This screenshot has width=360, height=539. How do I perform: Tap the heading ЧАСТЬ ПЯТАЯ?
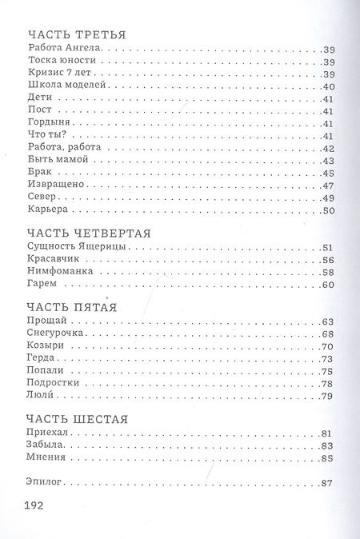(73, 306)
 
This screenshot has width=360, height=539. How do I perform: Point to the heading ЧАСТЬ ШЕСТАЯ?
(78, 418)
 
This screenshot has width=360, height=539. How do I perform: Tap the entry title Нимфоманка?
(58, 272)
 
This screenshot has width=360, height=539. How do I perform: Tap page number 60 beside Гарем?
(326, 285)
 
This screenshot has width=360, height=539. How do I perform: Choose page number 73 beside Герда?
(326, 358)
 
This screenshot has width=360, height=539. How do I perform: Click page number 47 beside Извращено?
(326, 186)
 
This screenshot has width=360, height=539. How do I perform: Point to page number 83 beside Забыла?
(326, 445)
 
